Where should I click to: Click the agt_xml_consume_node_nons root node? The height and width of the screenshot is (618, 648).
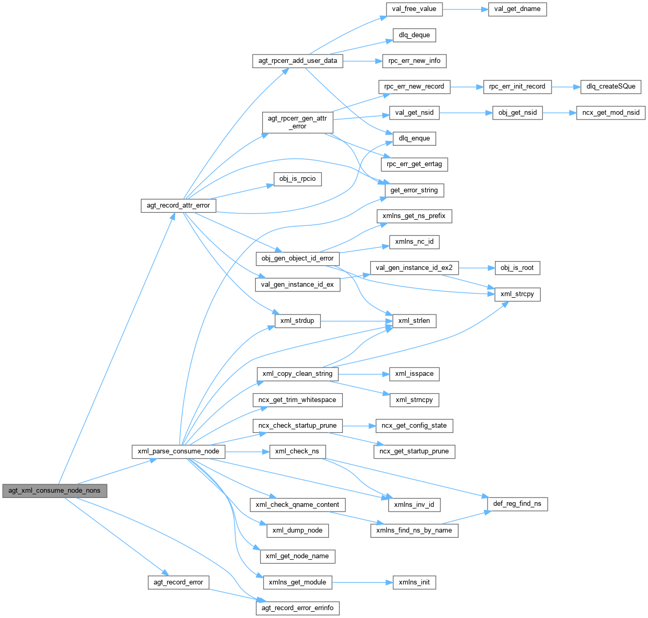pyautogui.click(x=55, y=491)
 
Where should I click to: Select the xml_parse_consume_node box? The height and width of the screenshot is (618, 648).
pyautogui.click(x=178, y=451)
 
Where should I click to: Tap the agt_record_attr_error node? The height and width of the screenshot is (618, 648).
pyautogui.click(x=178, y=205)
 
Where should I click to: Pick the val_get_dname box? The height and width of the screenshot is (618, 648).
pyautogui.click(x=517, y=9)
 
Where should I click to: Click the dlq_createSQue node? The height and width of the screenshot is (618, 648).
pyautogui.click(x=611, y=86)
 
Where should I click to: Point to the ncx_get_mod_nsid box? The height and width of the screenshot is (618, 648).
pyautogui.click(x=611, y=113)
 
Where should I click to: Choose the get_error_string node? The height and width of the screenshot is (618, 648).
pyautogui.click(x=414, y=190)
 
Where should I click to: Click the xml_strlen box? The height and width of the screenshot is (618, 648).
pyautogui.click(x=414, y=321)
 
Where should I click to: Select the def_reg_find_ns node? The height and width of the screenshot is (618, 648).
pyautogui.click(x=517, y=504)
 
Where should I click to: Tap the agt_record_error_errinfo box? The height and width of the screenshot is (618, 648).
pyautogui.click(x=297, y=608)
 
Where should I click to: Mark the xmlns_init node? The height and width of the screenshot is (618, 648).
pyautogui.click(x=414, y=582)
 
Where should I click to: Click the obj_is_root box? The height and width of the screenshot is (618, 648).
pyautogui.click(x=517, y=268)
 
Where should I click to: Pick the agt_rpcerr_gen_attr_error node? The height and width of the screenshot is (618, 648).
pyautogui.click(x=297, y=122)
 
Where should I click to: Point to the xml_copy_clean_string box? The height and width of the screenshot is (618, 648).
pyautogui.click(x=297, y=374)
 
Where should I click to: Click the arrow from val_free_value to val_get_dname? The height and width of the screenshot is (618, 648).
pyautogui.click(x=465, y=9)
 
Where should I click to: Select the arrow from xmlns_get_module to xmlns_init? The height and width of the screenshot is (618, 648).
pyautogui.click(x=362, y=582)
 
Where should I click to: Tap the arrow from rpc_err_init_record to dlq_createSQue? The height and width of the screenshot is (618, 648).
pyautogui.click(x=566, y=86)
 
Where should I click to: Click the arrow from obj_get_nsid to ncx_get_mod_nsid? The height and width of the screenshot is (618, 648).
pyautogui.click(x=559, y=113)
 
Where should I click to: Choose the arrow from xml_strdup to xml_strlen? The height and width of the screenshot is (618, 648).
pyautogui.click(x=356, y=321)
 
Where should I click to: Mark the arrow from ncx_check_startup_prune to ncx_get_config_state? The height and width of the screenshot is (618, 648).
pyautogui.click(x=359, y=426)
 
